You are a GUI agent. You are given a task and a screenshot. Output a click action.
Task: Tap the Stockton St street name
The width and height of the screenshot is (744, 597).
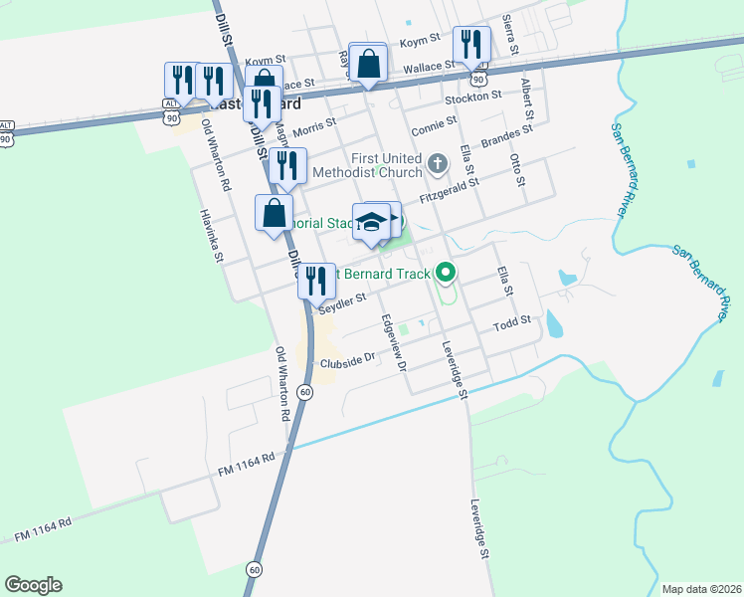(x=472, y=97)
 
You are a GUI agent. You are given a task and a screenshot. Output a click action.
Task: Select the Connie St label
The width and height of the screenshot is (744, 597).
(x=434, y=125)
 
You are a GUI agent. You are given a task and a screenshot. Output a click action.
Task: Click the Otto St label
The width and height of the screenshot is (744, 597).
(x=515, y=170)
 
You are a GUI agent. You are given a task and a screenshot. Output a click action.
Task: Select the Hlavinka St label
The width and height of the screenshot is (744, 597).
(x=210, y=236)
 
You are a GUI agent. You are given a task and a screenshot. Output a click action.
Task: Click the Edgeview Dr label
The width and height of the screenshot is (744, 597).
(x=393, y=342)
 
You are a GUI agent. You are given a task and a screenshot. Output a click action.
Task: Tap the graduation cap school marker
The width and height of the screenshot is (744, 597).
(x=372, y=223)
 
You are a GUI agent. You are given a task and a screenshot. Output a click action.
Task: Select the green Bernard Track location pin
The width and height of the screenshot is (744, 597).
(x=446, y=271)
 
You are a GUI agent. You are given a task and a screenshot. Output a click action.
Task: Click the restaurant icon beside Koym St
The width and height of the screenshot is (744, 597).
(x=470, y=45)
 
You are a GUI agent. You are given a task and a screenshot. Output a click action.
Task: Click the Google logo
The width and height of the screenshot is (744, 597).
(x=33, y=585)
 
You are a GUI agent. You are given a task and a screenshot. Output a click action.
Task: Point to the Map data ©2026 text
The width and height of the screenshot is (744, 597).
(x=700, y=589)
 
